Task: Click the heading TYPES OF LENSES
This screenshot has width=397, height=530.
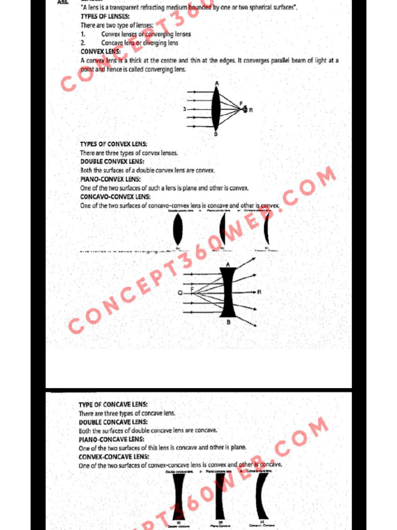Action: click(105, 17)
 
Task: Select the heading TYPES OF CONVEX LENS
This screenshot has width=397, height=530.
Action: click(113, 144)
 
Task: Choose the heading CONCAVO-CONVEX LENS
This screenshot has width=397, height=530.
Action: click(115, 197)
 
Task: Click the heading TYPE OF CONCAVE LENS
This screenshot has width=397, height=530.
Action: click(113, 405)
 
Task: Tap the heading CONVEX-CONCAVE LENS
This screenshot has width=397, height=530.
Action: click(113, 457)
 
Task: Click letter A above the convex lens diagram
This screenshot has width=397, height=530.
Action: click(216, 83)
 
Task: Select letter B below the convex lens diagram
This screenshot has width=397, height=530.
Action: click(216, 134)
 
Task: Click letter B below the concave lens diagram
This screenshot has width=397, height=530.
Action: click(228, 322)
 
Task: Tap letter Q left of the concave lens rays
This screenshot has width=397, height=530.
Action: click(180, 292)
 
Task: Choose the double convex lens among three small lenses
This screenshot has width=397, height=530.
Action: click(178, 229)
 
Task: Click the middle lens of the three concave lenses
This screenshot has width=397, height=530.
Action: click(221, 495)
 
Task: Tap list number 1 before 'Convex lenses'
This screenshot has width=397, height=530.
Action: click(83, 34)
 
